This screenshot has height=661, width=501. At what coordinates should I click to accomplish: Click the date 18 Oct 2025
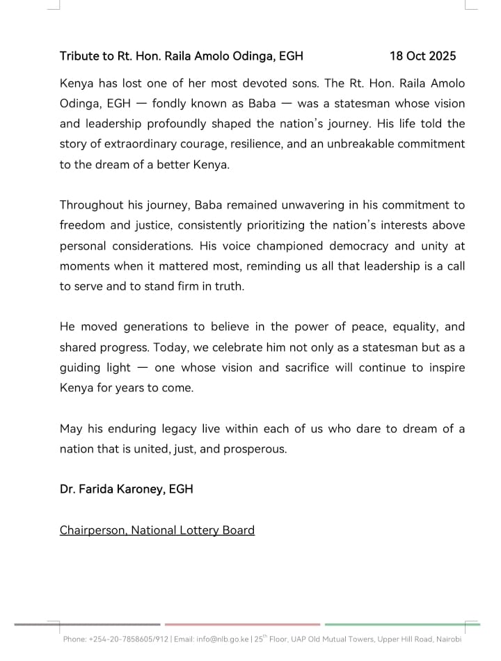422,56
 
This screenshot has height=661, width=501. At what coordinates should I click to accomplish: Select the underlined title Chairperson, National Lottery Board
157,530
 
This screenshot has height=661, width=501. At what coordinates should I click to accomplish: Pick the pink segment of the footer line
242,624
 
